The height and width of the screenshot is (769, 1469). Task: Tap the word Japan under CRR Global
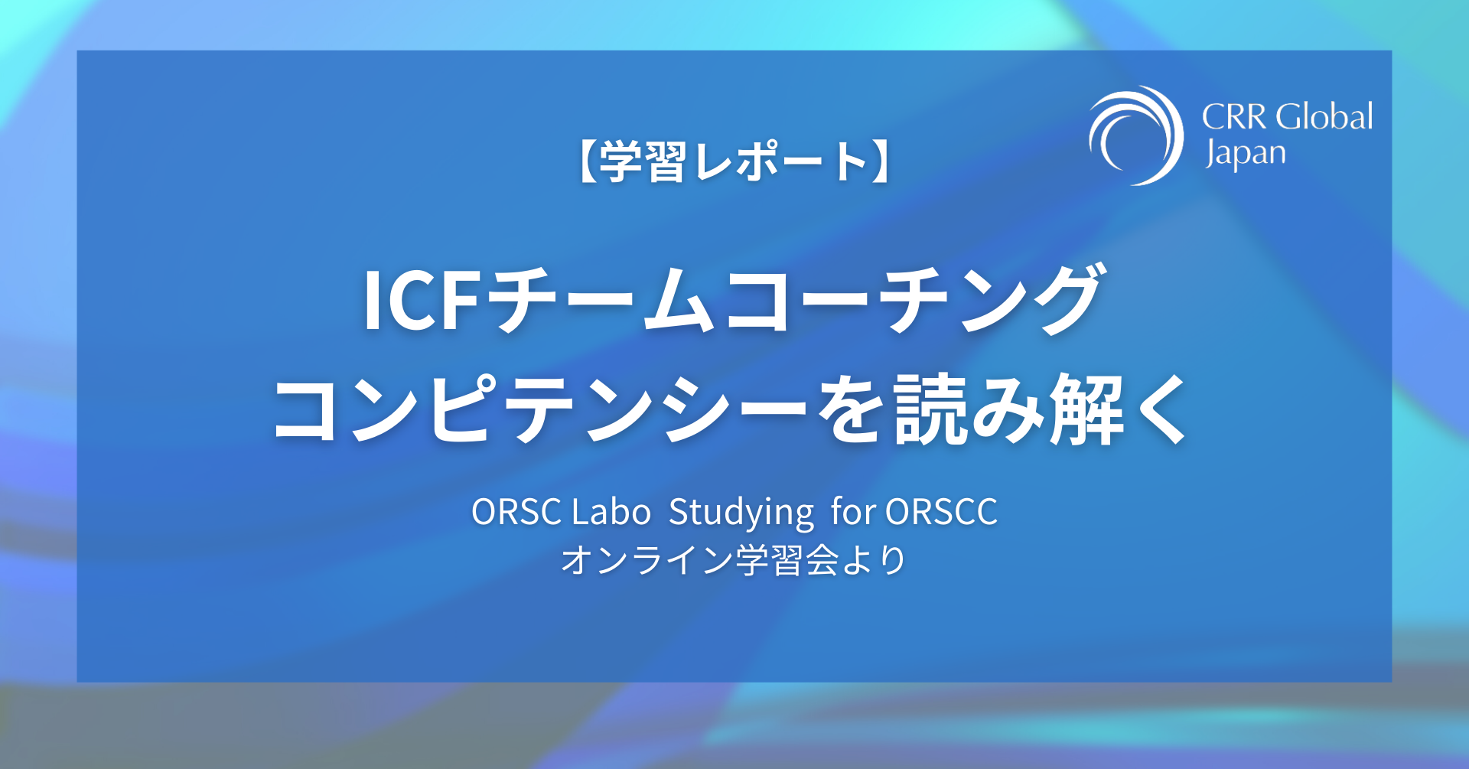coord(1245,154)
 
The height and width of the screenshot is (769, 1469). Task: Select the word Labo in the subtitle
coord(611,511)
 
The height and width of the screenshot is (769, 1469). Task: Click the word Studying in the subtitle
coord(741,513)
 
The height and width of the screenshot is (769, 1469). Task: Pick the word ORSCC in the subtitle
coord(941,511)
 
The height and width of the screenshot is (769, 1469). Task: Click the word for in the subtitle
coord(853,511)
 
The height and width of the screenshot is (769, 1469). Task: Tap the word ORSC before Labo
coord(516,511)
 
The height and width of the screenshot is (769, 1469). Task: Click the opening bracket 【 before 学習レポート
coord(585,161)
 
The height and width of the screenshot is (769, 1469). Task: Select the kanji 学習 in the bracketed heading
coord(642,161)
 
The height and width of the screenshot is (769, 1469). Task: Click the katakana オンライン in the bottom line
coord(647,560)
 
